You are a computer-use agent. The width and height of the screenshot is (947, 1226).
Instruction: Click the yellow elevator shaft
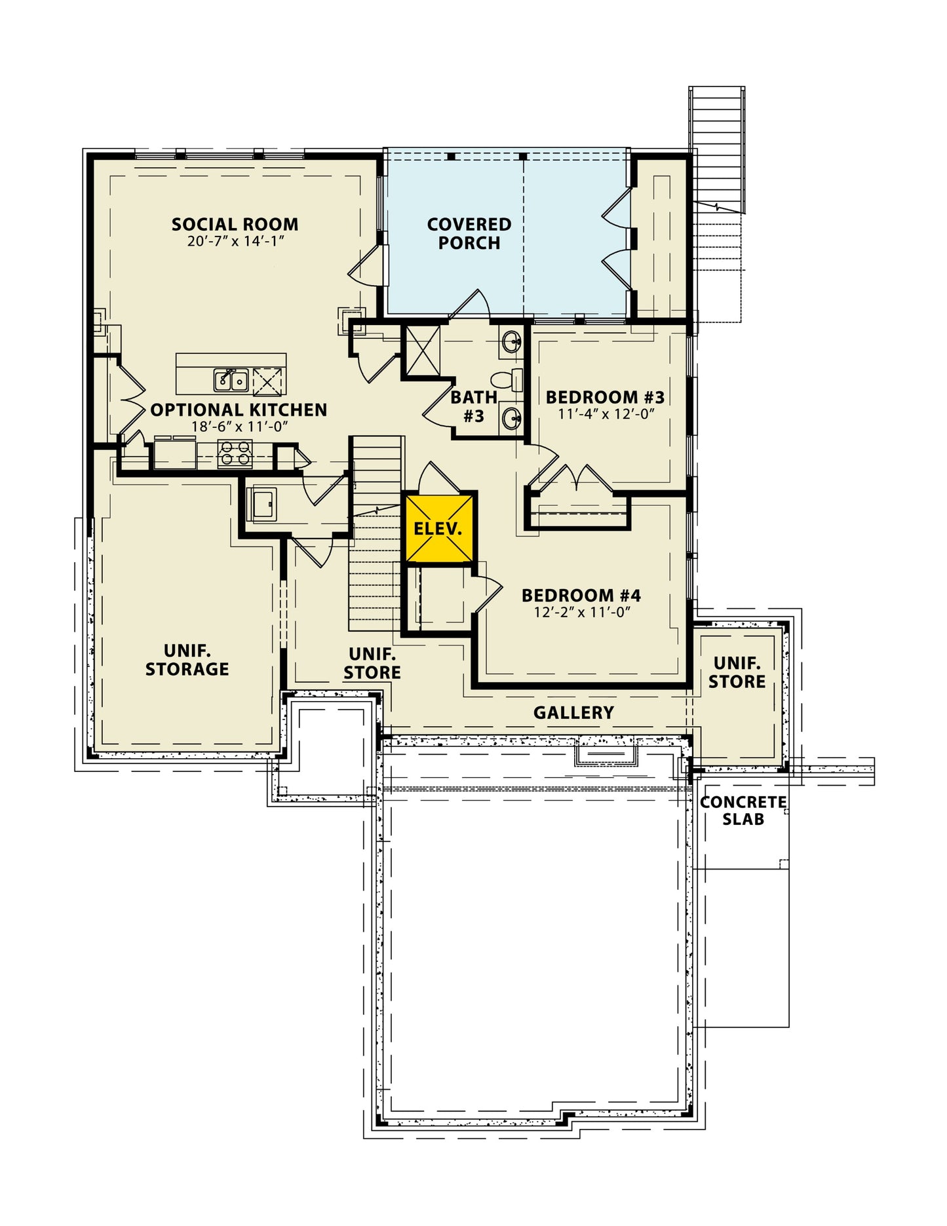438,528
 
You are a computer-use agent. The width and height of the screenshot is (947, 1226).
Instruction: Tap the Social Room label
235,224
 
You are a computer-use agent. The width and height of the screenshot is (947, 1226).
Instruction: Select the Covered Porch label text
469,233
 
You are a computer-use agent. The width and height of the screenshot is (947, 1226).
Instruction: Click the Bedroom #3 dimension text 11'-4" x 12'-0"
606,414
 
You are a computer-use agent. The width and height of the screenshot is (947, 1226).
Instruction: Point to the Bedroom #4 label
581,595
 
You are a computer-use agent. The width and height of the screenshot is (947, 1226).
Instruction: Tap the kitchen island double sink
230,380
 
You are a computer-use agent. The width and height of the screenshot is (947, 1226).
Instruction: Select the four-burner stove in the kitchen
235,453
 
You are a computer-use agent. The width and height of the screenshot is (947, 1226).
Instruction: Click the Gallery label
573,712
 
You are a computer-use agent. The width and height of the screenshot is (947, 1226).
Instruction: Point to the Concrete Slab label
743,811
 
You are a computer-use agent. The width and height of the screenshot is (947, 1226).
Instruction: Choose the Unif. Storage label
187,660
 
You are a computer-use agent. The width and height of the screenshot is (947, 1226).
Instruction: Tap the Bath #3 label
473,406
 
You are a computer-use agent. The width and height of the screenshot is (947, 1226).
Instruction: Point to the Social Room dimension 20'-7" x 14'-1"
235,241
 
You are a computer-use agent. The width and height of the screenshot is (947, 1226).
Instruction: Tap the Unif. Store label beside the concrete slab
737,672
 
